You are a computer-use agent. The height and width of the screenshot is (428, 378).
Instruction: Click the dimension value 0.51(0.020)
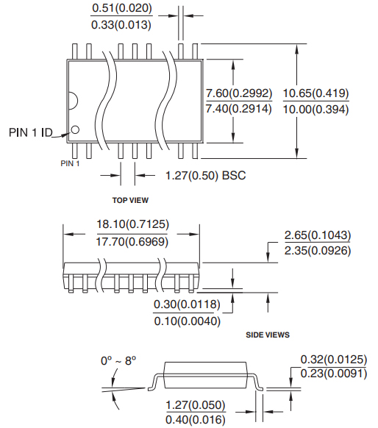(x=121, y=9)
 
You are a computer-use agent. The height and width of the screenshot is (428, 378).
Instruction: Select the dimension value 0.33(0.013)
(x=121, y=25)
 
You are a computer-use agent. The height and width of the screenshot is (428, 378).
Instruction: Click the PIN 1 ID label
(x=30, y=132)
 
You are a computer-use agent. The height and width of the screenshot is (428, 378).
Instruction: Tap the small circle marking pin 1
(x=75, y=132)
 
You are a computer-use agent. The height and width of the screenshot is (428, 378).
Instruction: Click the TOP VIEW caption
(x=131, y=199)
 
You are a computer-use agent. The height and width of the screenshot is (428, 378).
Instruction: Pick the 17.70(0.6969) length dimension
(x=131, y=242)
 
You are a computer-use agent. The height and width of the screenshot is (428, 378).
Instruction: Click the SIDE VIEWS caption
(x=267, y=335)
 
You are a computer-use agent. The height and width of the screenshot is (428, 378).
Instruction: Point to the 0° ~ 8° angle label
(x=119, y=361)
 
